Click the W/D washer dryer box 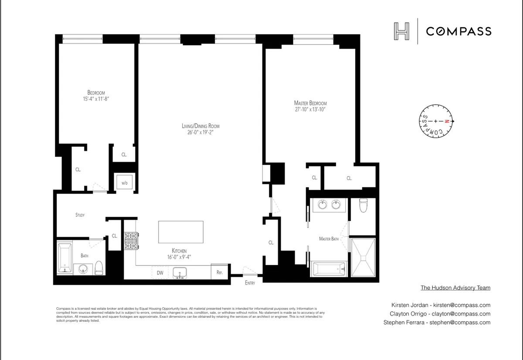pos(125,182)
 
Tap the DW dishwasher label pos(160,273)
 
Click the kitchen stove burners pos(131,241)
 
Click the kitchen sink pos(180,273)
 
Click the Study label pos(80,215)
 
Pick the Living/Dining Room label pos(200,126)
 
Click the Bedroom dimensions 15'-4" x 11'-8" pos(96,99)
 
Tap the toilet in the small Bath pos(98,268)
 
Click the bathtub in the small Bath pos(65,258)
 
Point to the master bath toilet pos(363,205)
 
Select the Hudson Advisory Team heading pos(455,288)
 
